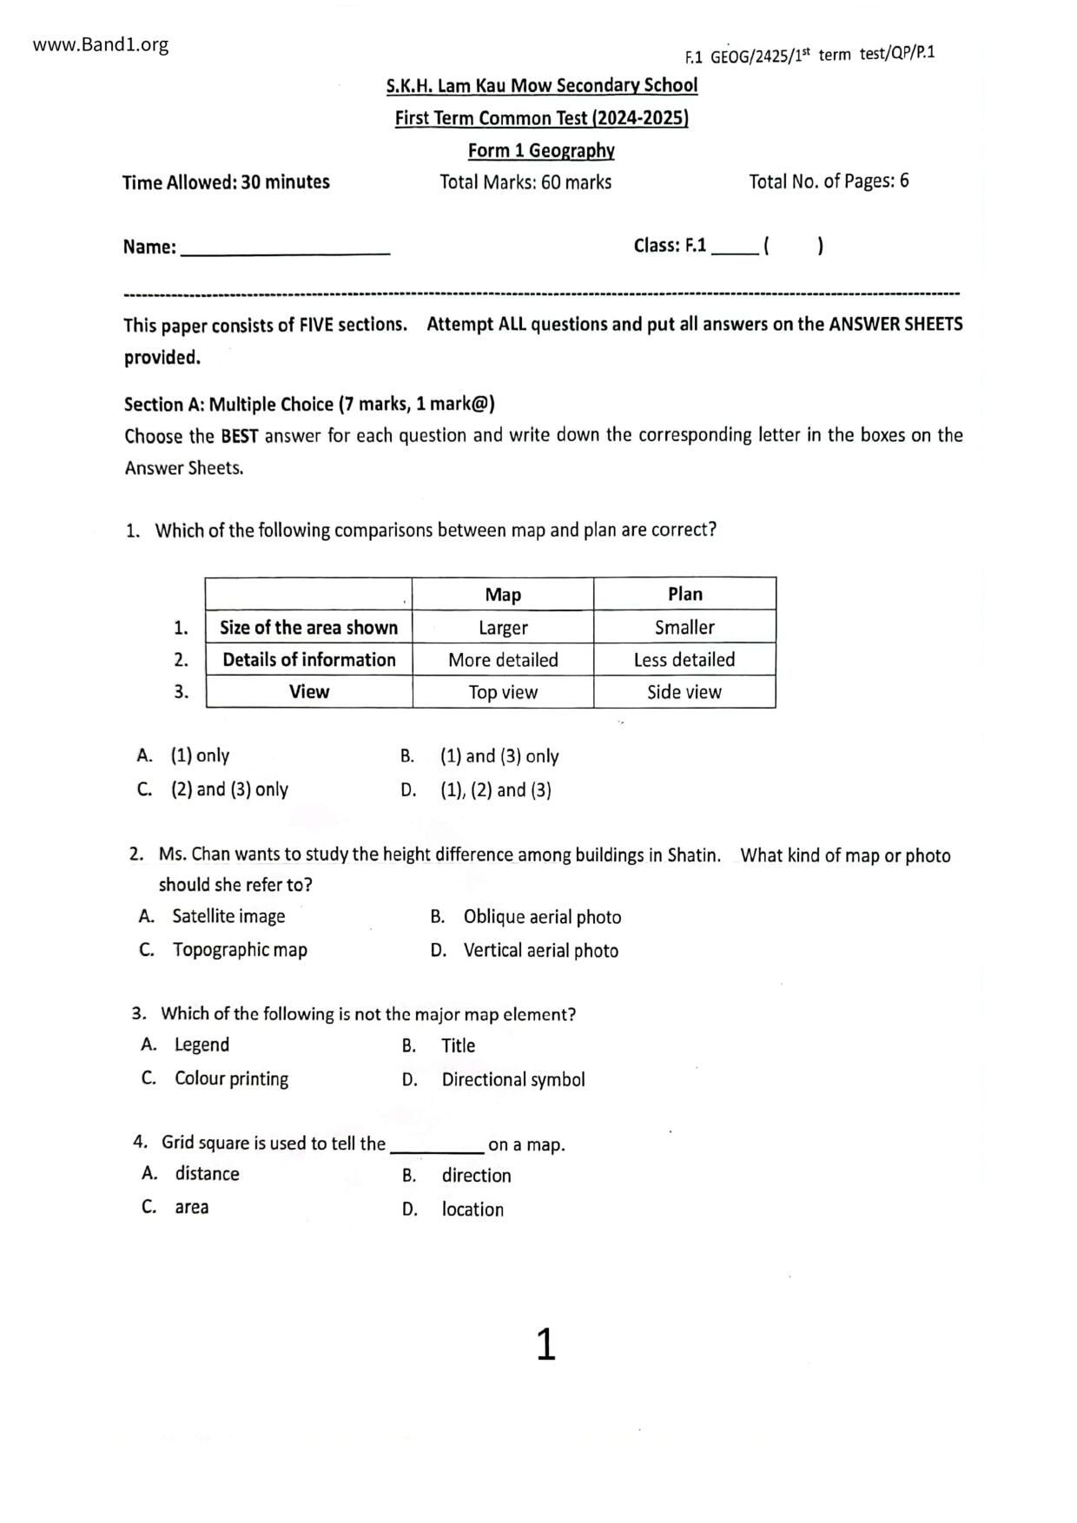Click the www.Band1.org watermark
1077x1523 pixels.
101,45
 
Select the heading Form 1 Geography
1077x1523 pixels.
541,151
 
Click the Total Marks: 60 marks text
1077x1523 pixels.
525,182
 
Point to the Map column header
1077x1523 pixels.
503,595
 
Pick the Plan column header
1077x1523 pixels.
684,594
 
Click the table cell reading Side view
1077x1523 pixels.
684,692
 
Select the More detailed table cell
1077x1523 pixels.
503,660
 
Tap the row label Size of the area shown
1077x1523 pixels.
308,628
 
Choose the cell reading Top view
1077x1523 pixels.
503,692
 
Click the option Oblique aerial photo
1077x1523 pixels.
542,918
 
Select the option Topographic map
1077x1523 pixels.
240,950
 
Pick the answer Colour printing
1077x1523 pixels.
231,1079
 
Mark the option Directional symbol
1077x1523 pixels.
513,1080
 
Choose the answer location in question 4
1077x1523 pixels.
472,1210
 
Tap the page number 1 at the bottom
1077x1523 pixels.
545,1344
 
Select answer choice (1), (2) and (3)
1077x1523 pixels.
495,790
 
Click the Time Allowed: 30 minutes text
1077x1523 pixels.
226,182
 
